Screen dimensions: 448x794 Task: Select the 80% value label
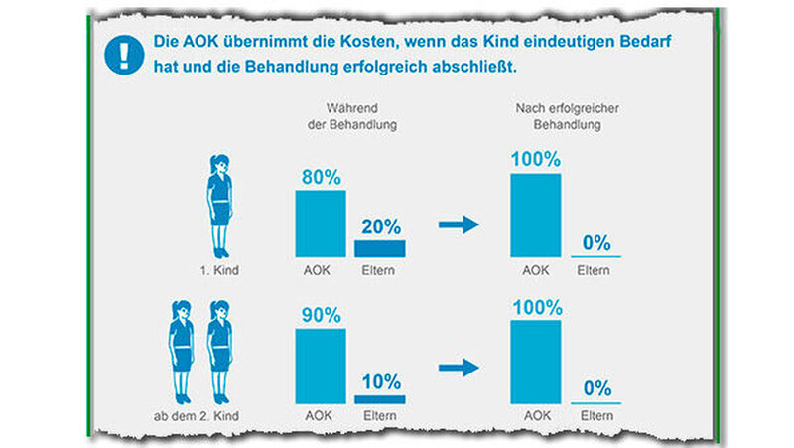click(321, 177)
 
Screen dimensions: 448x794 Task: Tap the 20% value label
click(379, 225)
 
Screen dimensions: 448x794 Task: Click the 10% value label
click(379, 382)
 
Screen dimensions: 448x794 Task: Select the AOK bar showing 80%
click(321, 224)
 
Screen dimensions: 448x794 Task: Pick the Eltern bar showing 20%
click(379, 248)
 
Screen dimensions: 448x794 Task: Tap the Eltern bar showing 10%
click(379, 399)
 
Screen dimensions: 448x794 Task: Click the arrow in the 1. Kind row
click(458, 224)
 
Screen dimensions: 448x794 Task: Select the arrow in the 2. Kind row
click(458, 368)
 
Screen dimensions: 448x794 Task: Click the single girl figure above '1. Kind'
click(219, 203)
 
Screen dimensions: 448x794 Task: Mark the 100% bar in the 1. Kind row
click(535, 216)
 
